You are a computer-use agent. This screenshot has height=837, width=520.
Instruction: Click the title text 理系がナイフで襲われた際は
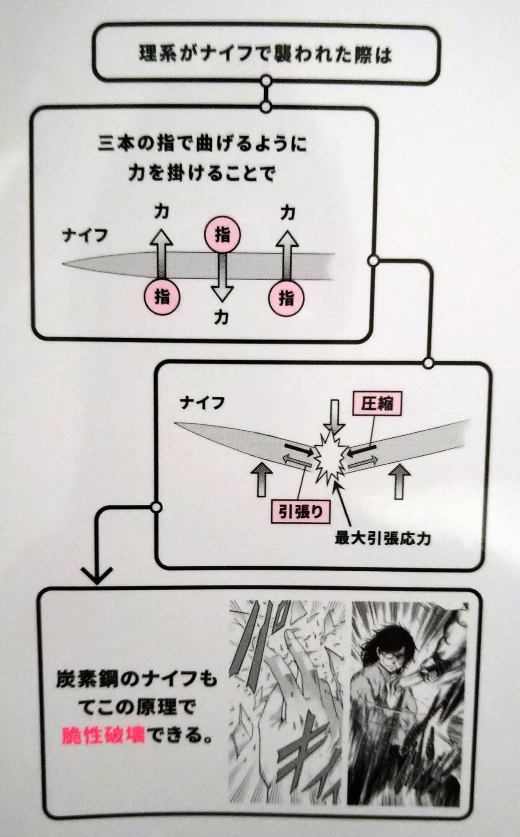(265, 54)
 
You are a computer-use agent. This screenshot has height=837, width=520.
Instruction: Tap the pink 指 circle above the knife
(222, 235)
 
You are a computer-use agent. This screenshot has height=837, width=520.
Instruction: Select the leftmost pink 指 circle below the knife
(162, 298)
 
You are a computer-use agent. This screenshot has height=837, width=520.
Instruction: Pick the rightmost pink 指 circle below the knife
(286, 298)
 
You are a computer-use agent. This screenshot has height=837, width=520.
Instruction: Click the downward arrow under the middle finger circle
(222, 278)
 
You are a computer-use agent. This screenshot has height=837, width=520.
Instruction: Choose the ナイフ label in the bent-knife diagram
(202, 403)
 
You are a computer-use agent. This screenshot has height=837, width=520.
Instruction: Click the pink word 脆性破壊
(103, 735)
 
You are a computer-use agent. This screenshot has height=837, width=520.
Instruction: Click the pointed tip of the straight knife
(64, 264)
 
